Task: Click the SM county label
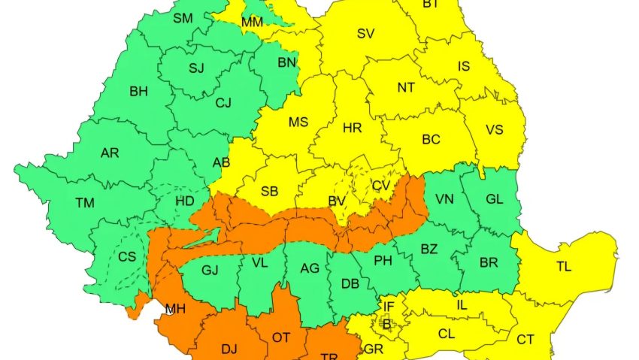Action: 183,17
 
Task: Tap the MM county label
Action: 253,23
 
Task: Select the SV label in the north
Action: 366,33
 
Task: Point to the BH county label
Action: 138,92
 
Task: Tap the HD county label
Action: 185,201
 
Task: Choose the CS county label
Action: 127,256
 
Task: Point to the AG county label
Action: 310,268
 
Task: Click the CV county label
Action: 382,185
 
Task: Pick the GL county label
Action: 495,199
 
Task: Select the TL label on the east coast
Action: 564,266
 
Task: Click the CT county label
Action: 525,340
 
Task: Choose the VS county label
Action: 494,129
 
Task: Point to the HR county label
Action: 353,128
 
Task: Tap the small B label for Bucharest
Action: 387,324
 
